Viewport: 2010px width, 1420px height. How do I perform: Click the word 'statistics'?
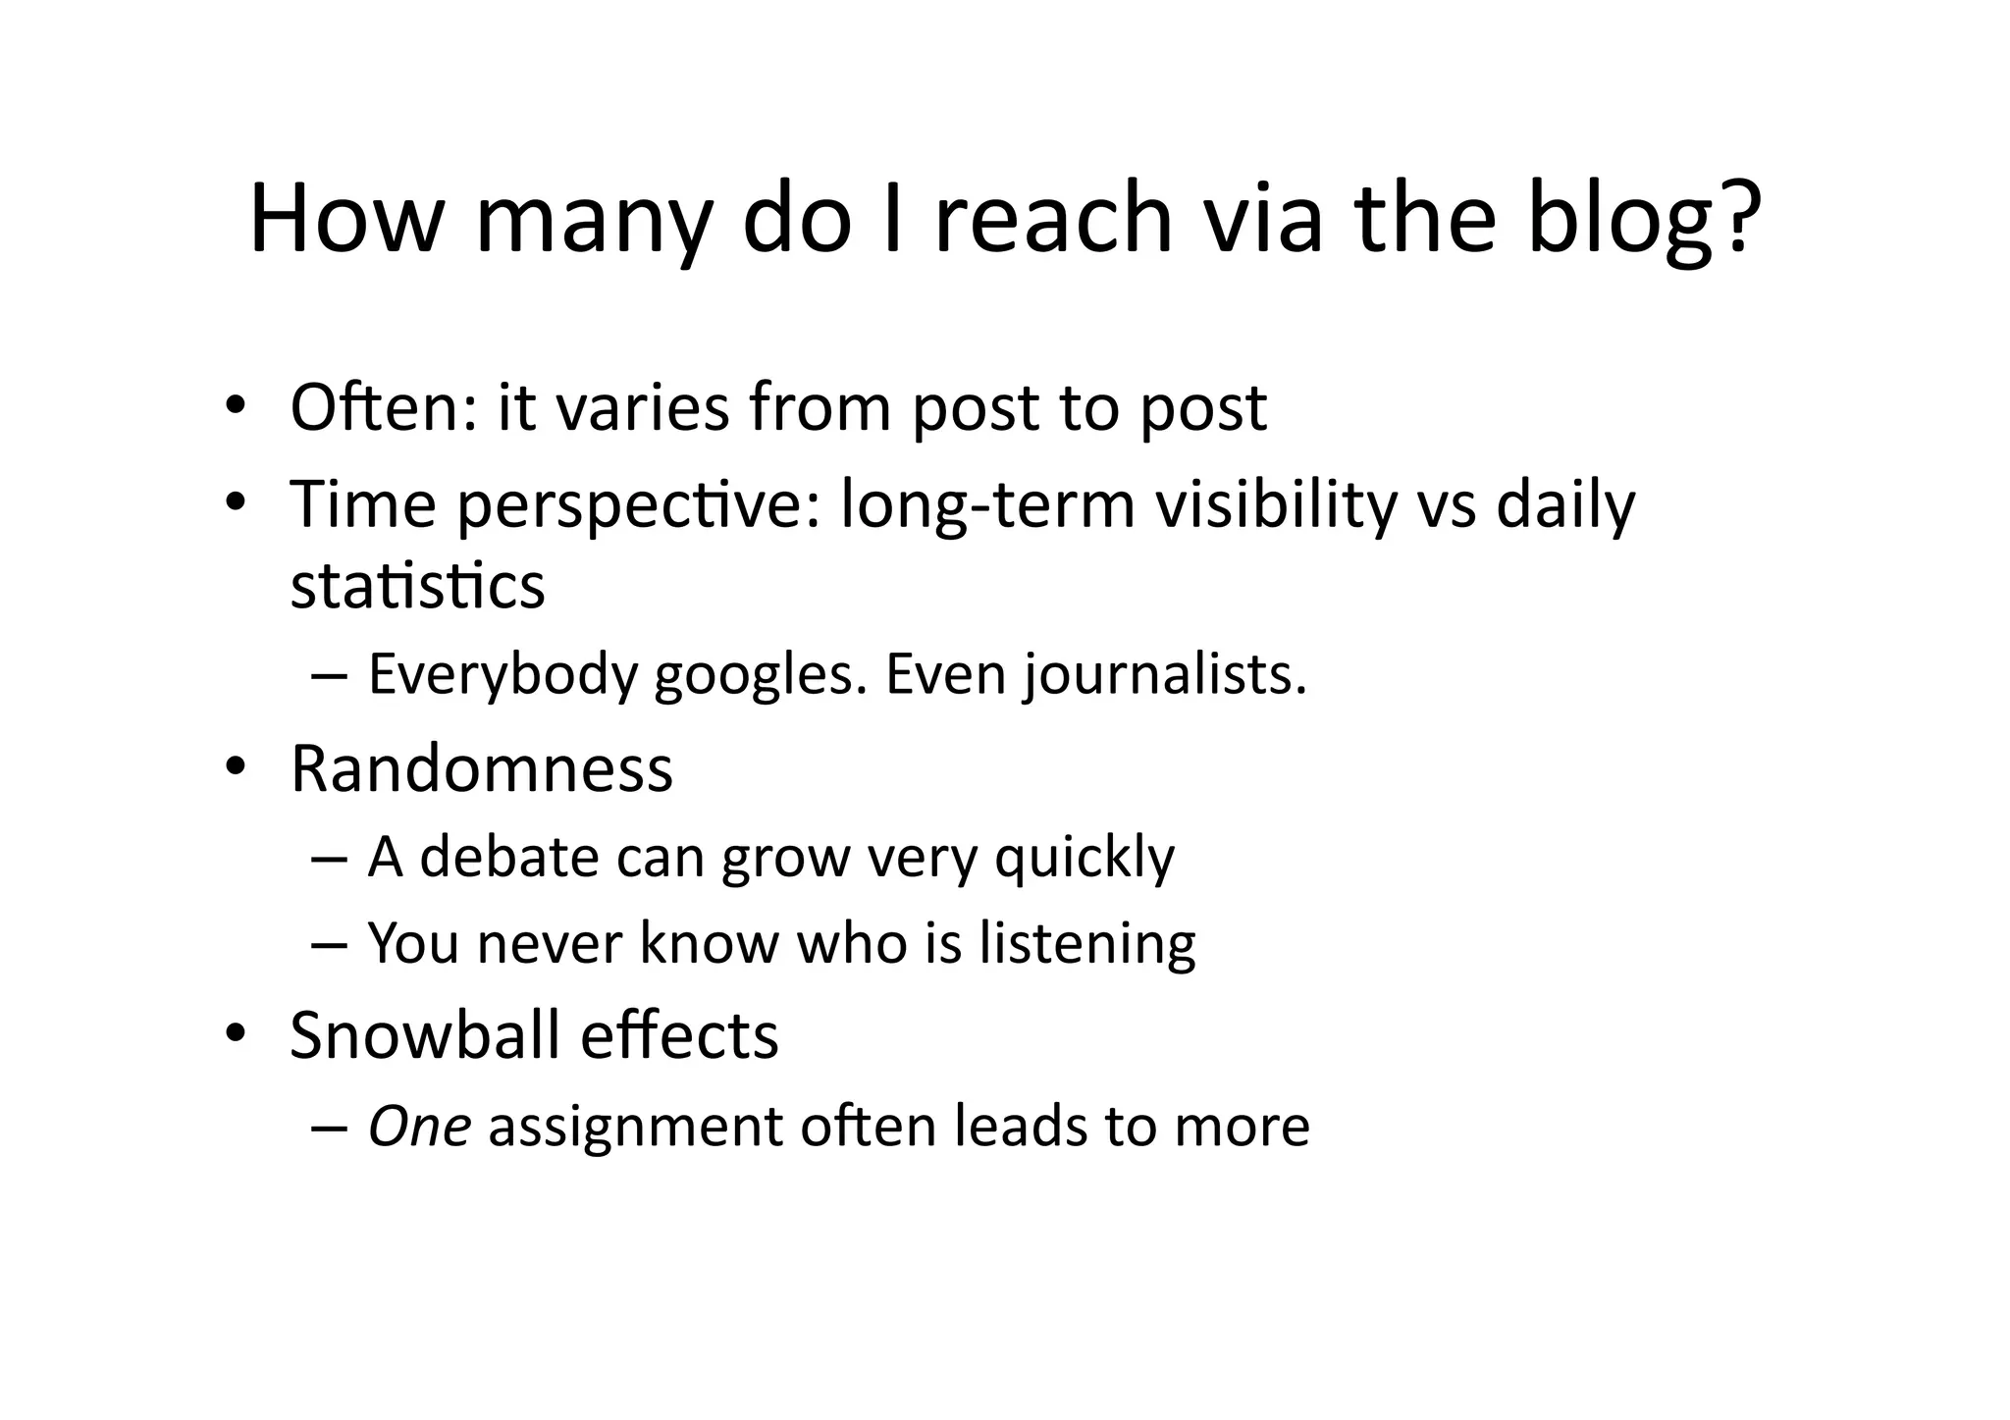click(x=417, y=587)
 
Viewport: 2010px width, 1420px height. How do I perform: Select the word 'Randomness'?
click(x=482, y=768)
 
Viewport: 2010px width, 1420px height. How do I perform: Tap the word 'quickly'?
click(x=1084, y=857)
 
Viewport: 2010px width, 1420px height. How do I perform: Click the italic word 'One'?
click(x=419, y=1126)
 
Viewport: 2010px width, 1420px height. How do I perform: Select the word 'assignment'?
click(x=635, y=1126)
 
